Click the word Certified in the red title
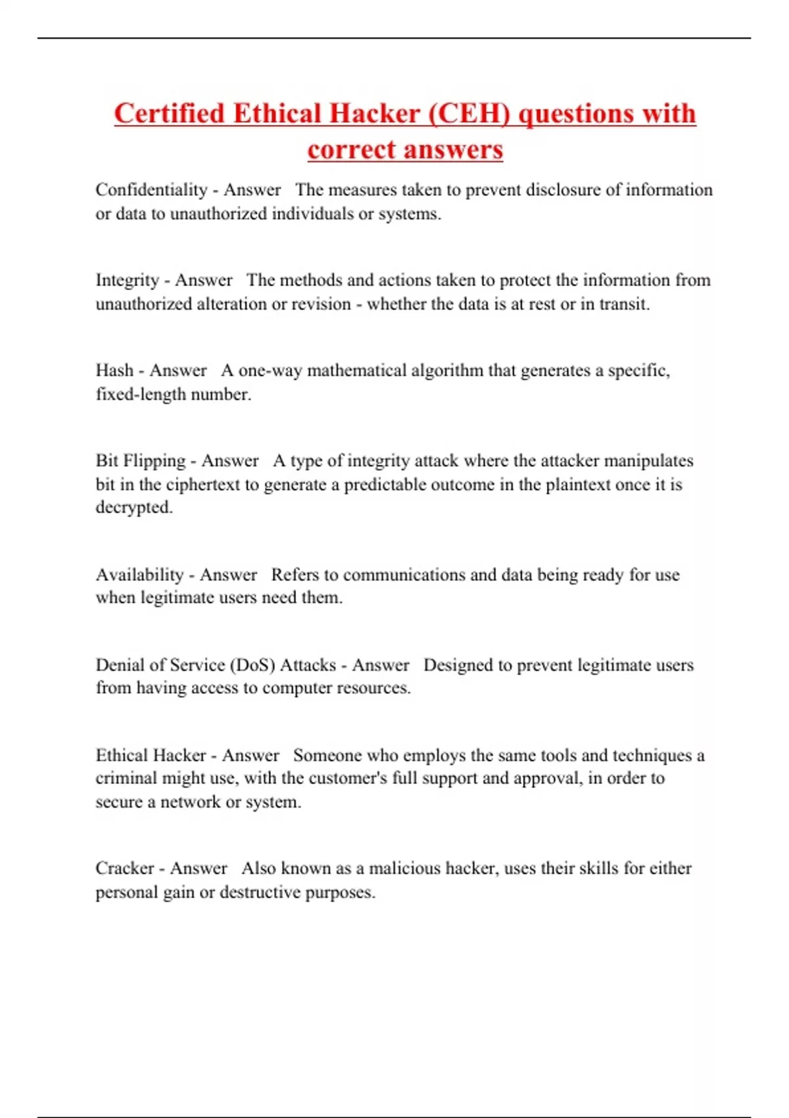(170, 113)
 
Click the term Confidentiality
(151, 190)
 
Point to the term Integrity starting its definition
(128, 280)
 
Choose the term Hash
(114, 370)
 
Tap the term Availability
(139, 575)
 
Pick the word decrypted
(133, 508)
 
